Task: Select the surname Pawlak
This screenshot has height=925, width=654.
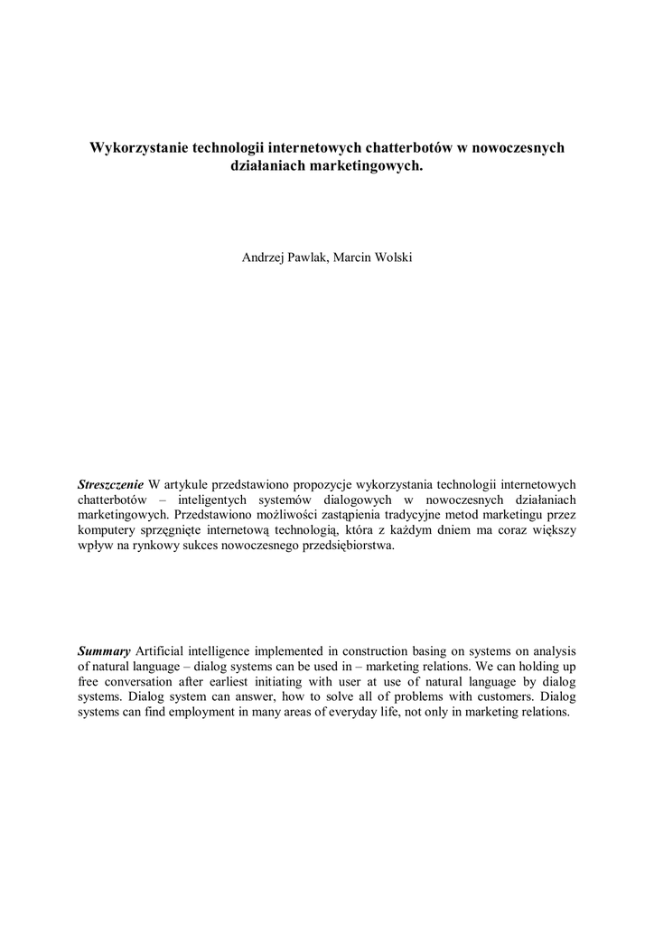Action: tap(311, 257)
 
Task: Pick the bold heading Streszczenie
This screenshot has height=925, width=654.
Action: tap(111, 485)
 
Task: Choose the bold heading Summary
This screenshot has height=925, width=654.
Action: tap(104, 650)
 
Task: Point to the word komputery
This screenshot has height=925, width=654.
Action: tap(107, 531)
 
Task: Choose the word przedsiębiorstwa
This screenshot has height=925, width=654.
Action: tap(352, 547)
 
